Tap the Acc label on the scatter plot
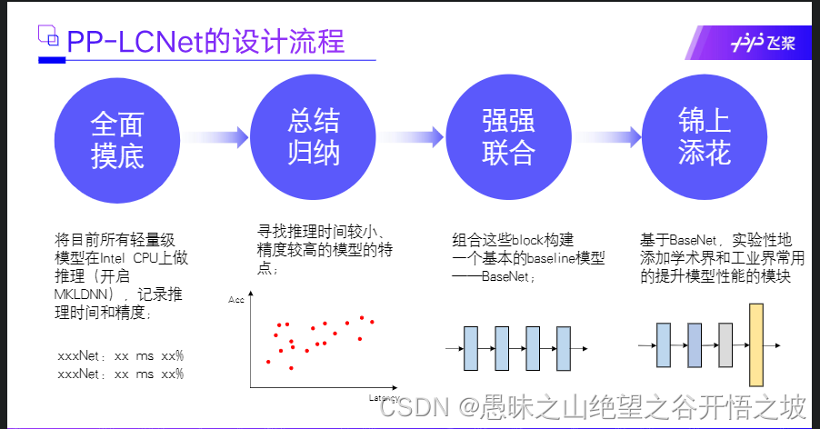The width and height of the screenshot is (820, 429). click(x=236, y=298)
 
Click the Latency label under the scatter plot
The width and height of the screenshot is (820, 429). click(x=385, y=397)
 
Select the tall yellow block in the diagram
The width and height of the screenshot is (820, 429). click(x=755, y=345)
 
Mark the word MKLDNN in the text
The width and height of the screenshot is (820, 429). click(x=80, y=296)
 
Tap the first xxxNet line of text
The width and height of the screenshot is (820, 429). click(x=120, y=355)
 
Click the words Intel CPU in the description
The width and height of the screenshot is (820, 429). click(x=138, y=258)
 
